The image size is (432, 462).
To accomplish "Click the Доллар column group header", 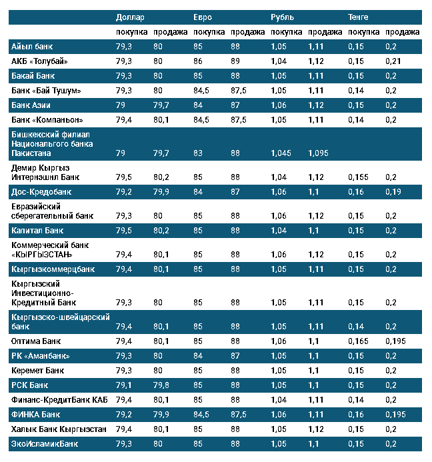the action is point(130,17).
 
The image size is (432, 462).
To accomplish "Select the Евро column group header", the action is point(203,17).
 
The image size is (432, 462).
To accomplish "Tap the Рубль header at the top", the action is point(282,17).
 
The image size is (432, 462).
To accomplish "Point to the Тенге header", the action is point(358,17).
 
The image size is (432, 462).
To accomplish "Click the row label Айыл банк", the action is point(32,47).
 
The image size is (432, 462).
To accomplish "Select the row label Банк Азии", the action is point(31,105).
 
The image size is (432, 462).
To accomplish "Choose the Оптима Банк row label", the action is point(36,341).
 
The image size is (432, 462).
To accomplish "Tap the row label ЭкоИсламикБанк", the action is point(45,444).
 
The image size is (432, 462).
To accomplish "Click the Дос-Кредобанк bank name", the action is point(41,192).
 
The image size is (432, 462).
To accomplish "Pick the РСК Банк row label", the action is point(30,385).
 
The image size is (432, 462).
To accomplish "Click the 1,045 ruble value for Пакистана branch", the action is point(281,153).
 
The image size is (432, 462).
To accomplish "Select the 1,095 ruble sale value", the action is point(318,153).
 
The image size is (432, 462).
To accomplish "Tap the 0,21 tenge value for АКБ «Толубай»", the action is point(393,61).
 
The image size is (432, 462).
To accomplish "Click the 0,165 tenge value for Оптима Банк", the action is point(358,341).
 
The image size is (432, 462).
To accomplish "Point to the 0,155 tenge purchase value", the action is point(358,177).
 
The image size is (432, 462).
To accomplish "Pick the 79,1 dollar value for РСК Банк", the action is point(123,385).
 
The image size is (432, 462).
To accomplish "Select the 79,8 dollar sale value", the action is point(161,385).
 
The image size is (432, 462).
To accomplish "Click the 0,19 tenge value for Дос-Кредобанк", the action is point(393,192).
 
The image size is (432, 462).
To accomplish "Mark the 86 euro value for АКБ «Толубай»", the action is point(198,61).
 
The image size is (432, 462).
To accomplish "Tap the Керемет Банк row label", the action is point(37,371).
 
